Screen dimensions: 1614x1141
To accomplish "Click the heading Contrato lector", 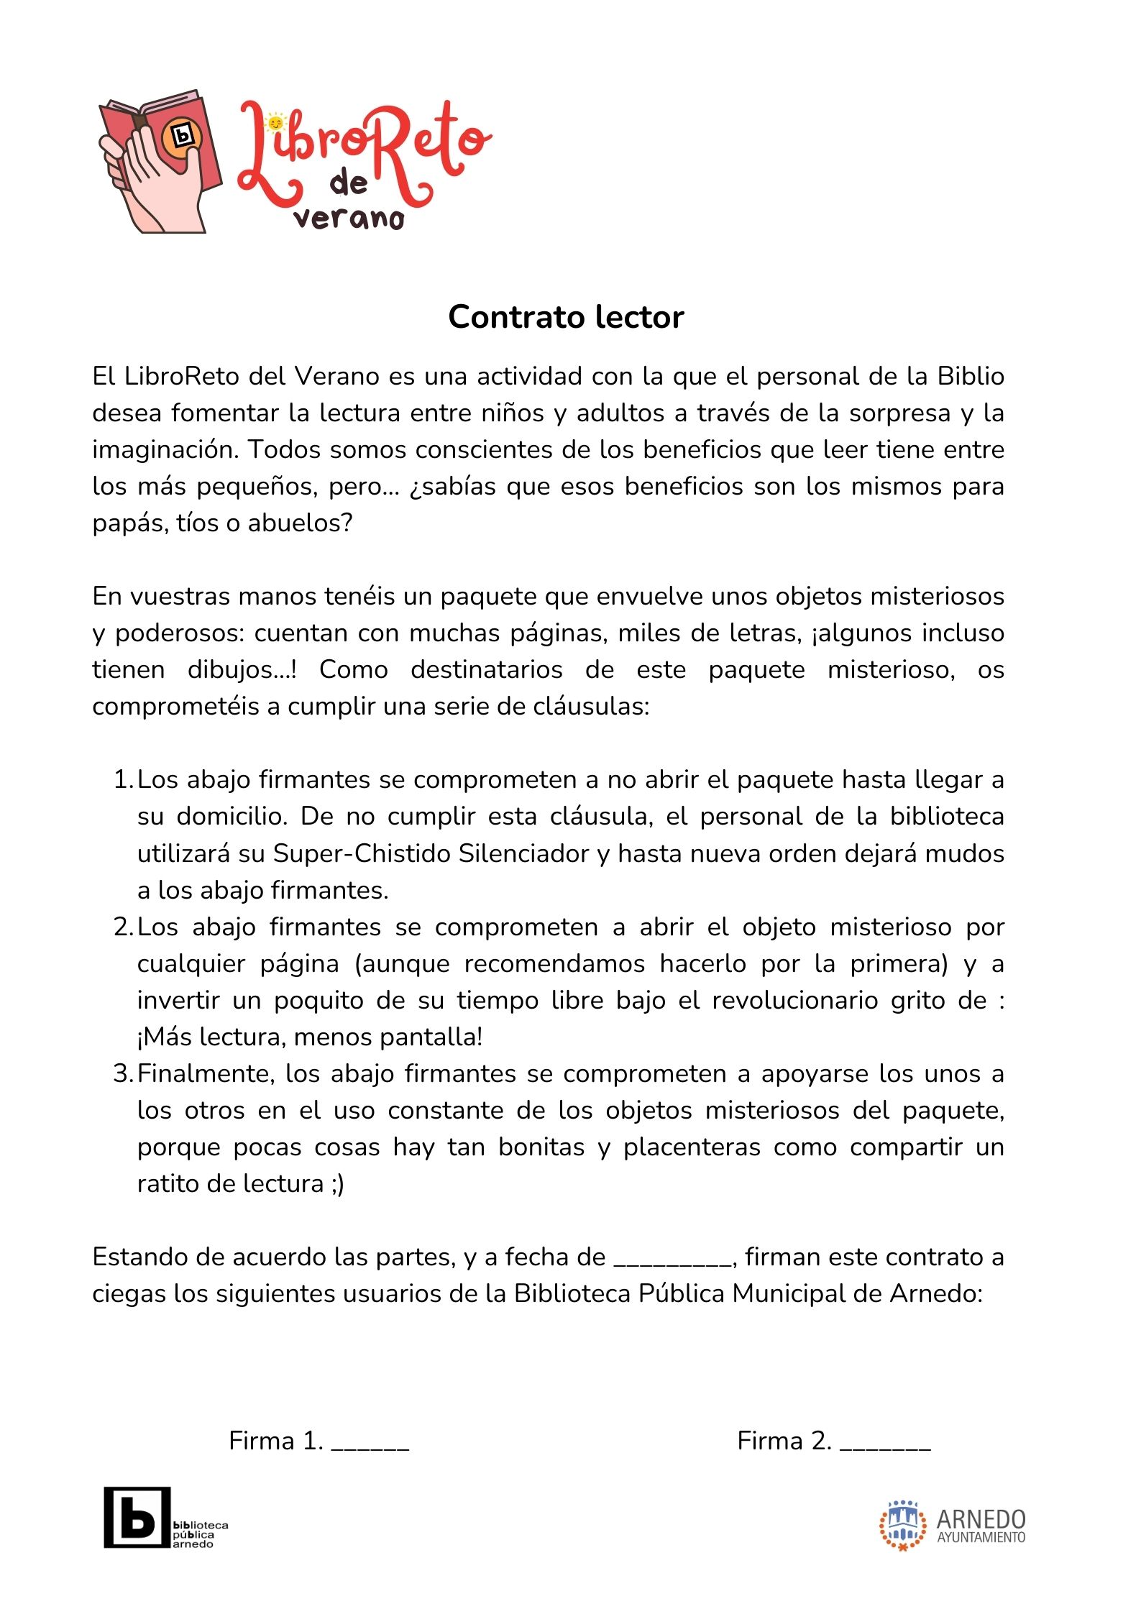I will (566, 317).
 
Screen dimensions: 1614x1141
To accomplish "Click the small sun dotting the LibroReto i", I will (275, 123).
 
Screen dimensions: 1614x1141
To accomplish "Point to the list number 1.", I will (122, 779).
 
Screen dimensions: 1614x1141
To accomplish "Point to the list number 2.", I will (122, 927).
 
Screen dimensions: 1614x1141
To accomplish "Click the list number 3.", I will (122, 1073).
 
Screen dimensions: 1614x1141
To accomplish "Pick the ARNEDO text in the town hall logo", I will (981, 1519).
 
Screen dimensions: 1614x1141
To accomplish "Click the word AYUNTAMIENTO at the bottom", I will (981, 1538).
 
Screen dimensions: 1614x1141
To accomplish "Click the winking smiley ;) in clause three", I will (337, 1183).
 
